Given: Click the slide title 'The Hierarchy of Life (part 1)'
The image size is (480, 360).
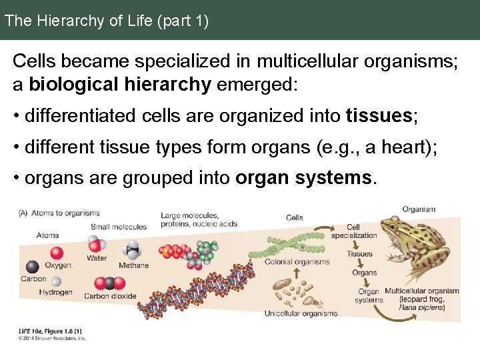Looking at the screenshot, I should (107, 21).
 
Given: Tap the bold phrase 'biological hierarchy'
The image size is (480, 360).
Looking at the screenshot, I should (120, 85).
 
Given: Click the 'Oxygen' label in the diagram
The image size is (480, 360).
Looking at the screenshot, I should (58, 265).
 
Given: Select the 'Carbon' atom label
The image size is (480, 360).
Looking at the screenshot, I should (33, 279).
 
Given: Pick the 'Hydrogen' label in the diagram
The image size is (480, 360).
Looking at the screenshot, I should (55, 292).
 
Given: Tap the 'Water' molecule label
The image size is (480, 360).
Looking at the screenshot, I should (97, 258).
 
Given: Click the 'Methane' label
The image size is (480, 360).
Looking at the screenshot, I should (134, 265).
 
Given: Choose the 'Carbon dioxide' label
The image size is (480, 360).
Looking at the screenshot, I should (110, 296).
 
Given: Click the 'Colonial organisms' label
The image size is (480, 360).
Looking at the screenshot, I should (297, 262).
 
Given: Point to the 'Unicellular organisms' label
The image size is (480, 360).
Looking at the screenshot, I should (301, 313).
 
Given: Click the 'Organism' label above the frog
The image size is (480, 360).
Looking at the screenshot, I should (419, 209).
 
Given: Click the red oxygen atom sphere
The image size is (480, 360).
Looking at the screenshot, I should (56, 252).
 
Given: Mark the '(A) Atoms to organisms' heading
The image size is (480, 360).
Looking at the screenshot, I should (59, 213).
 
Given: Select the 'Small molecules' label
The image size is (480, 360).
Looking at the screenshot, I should (119, 227).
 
